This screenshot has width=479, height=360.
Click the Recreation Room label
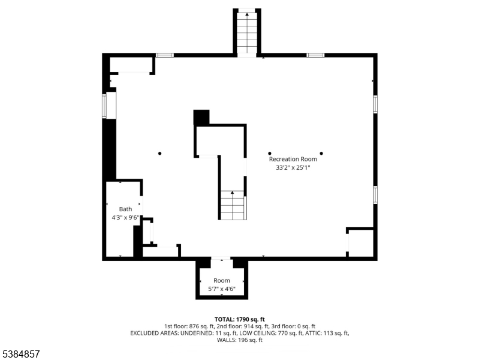293,159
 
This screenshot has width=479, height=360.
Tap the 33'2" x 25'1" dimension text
293,168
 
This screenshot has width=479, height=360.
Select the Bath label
125,209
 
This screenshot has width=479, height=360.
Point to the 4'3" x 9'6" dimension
125,218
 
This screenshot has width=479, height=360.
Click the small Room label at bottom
222,280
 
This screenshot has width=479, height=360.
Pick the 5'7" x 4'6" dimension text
222,289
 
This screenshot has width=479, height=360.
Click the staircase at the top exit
247,33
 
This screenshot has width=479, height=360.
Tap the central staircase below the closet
232,205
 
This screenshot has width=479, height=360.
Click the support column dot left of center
160,154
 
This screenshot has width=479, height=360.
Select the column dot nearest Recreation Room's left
270,153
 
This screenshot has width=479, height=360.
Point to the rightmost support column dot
321,153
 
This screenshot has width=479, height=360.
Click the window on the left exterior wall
104,106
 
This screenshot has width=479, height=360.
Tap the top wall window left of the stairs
165,55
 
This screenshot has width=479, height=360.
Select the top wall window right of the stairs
315,55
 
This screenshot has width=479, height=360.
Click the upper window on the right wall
375,104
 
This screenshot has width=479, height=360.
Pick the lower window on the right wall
375,195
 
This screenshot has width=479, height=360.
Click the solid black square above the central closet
201,117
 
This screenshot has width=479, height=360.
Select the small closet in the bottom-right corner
360,242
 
